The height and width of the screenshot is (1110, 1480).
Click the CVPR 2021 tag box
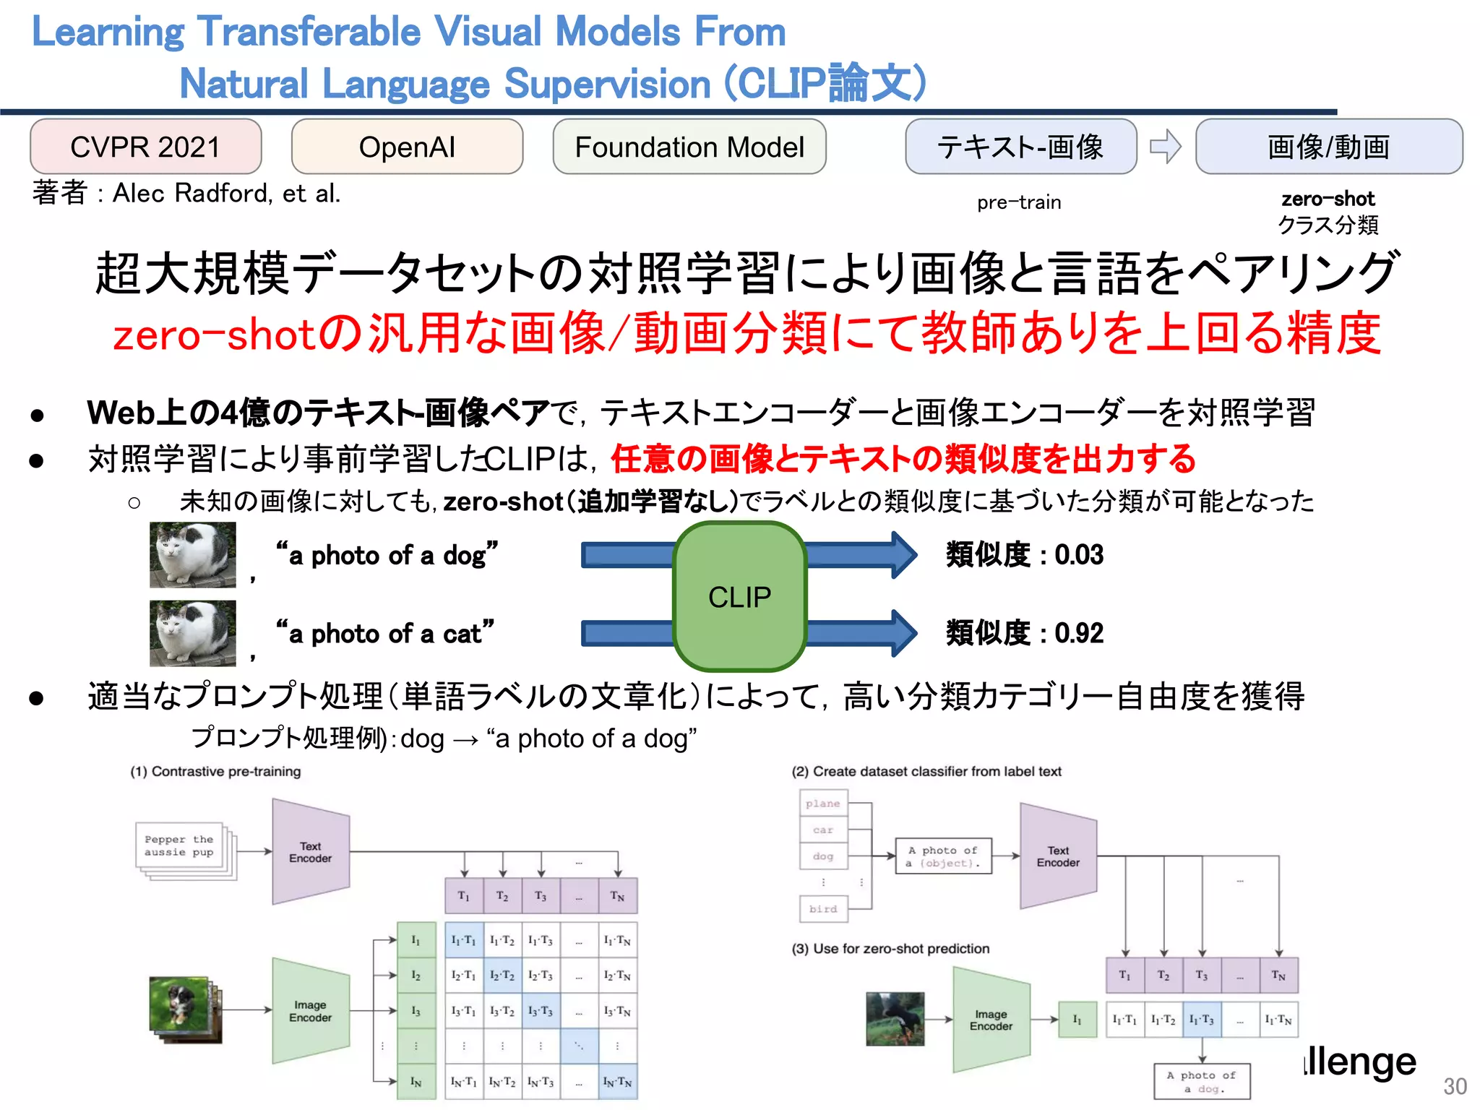145,147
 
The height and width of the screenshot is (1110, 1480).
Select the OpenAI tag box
407,147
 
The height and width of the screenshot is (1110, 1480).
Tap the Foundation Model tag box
689,147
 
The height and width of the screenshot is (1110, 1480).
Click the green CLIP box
739,597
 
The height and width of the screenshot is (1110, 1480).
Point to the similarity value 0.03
1079,555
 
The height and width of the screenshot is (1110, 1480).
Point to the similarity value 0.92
1079,633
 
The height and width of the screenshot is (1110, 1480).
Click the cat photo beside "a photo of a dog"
192,554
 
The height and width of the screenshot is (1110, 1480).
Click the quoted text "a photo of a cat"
385,633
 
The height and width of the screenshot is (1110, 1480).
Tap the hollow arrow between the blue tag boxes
1165,147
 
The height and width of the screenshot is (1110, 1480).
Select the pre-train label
1019,202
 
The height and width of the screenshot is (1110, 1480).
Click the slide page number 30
1455,1086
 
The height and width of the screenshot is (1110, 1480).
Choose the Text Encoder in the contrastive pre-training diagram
311,852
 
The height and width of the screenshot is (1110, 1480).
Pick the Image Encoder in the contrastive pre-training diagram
311,1011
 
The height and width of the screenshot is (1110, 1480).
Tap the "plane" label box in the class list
823,804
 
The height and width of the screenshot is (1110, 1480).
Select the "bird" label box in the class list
823,909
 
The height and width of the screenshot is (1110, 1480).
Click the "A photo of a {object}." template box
943,856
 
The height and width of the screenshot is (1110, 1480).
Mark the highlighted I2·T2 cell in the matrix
502,976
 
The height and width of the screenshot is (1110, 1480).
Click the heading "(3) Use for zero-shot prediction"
890,949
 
